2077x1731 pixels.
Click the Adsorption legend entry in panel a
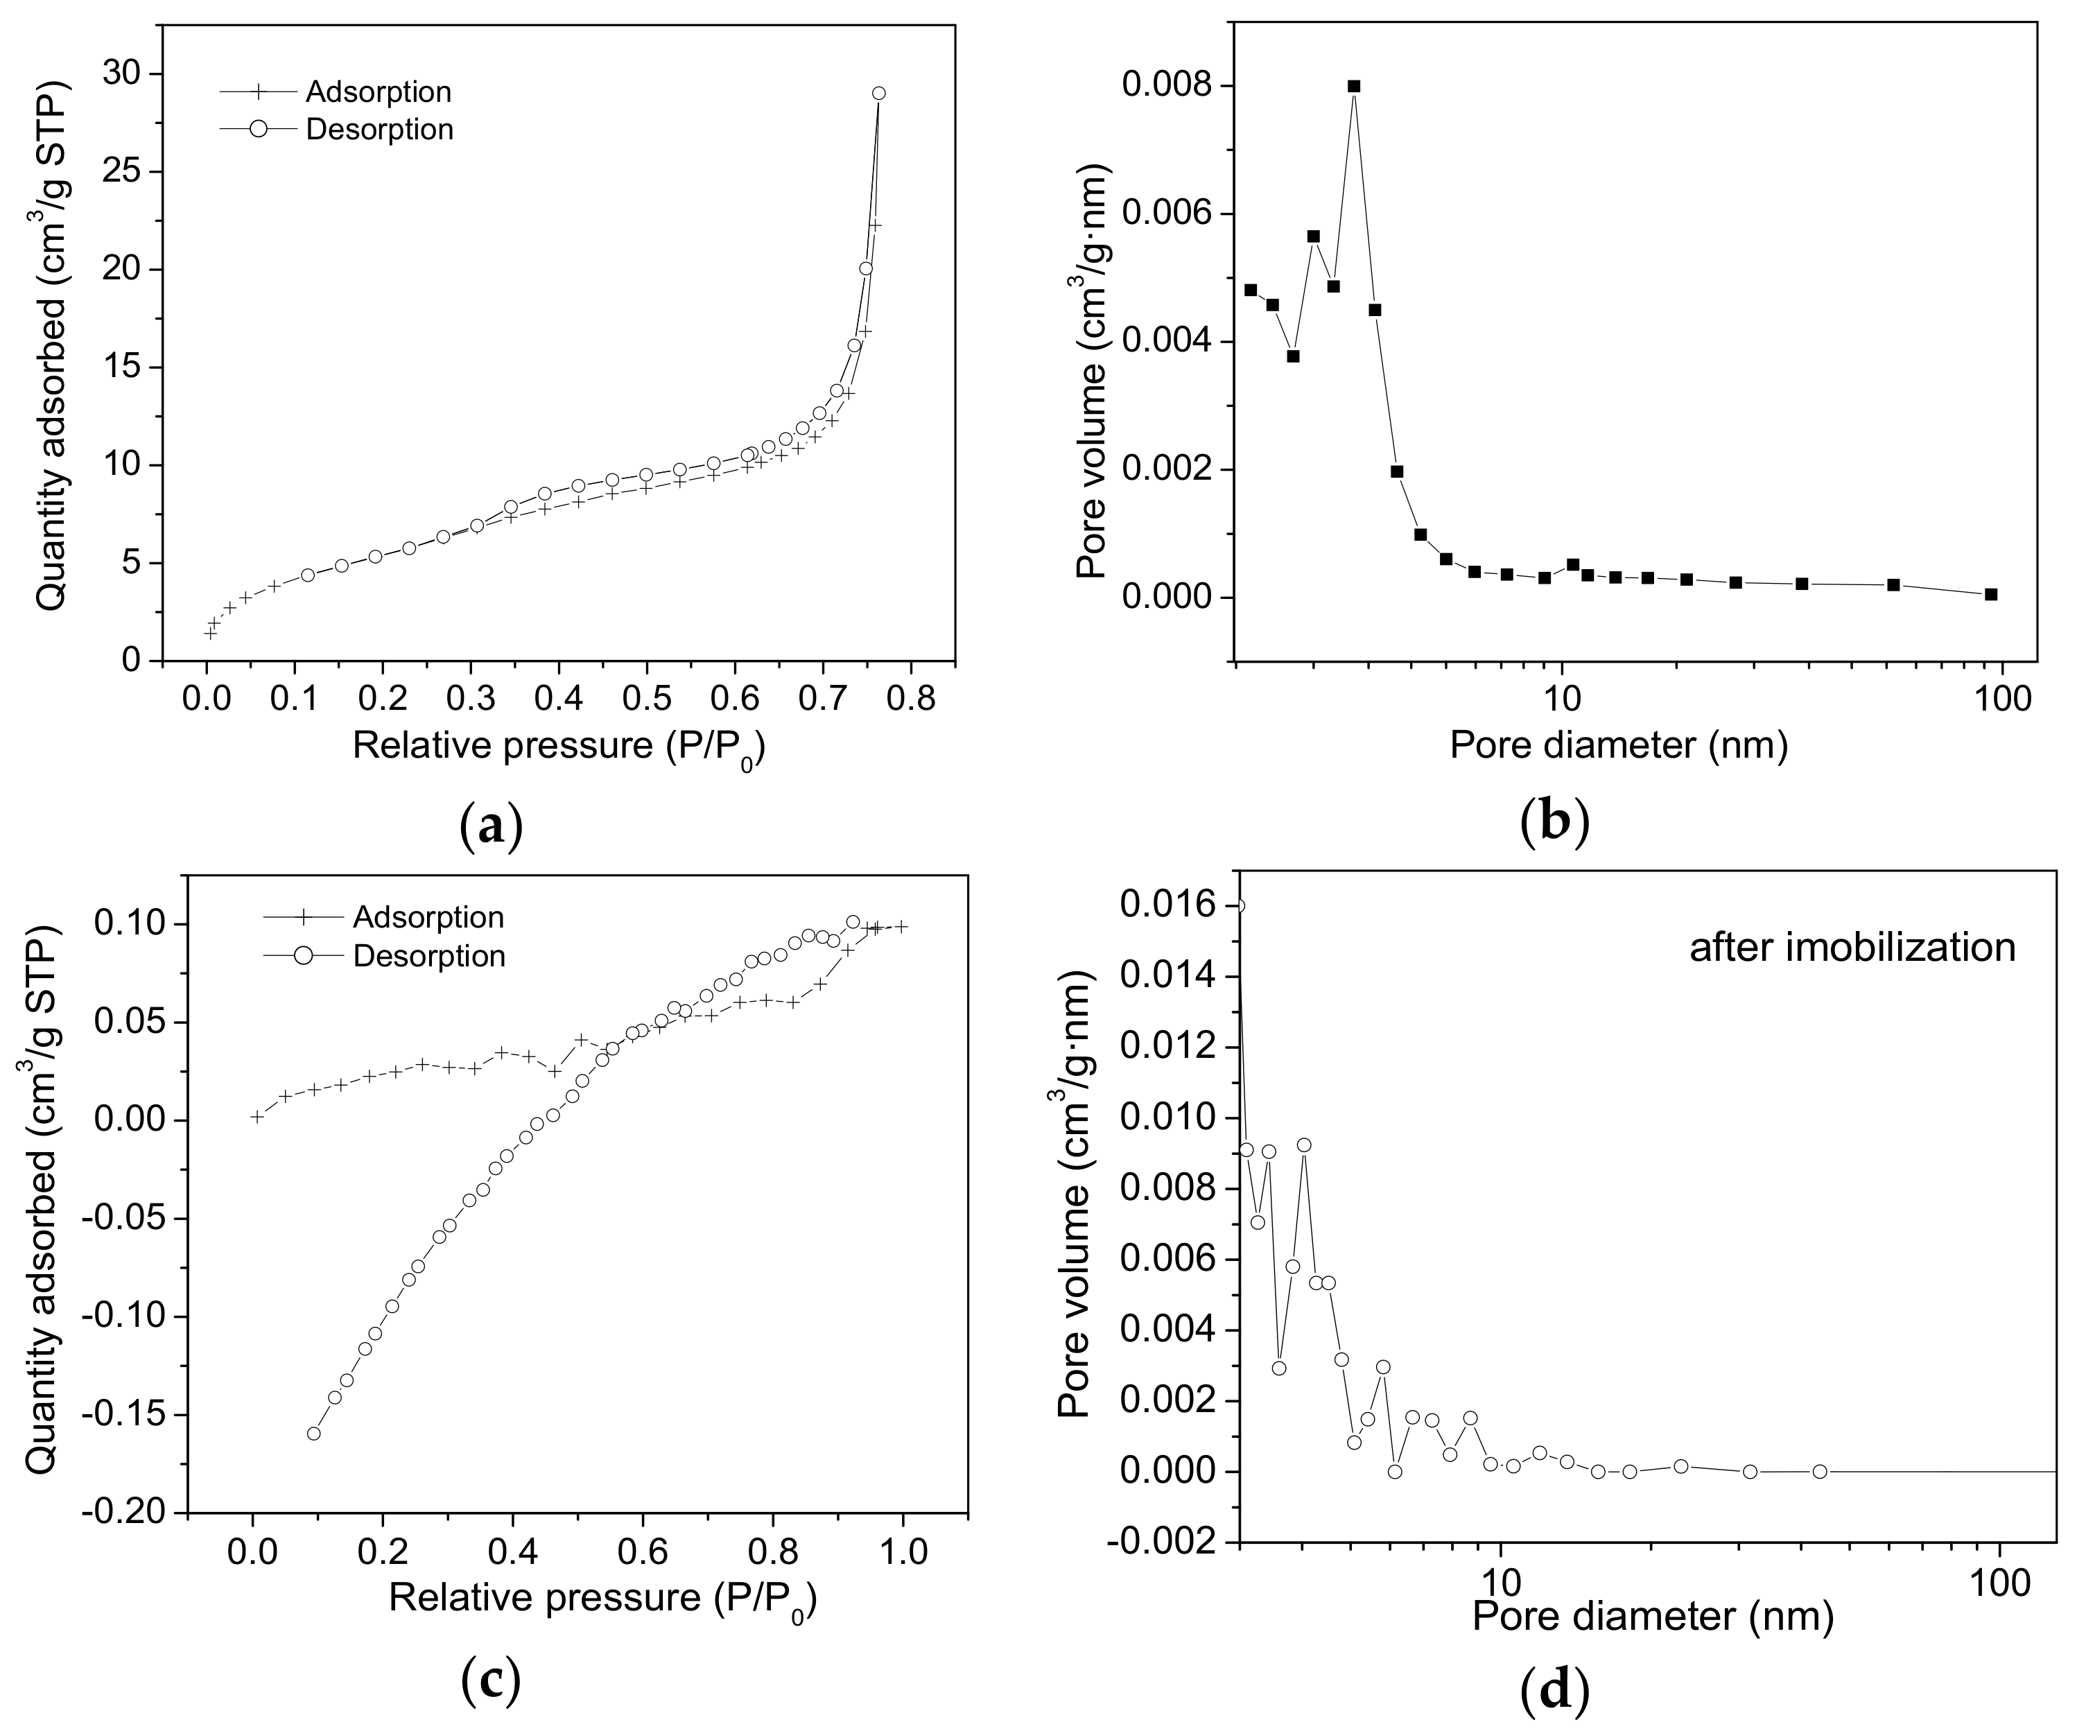click(378, 92)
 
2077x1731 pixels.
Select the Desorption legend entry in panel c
click(428, 957)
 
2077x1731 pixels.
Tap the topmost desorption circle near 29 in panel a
click(878, 93)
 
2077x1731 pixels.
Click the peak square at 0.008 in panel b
click(1354, 86)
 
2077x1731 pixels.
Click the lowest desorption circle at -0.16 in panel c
click(313, 1434)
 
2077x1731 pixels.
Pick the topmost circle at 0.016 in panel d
click(1238, 906)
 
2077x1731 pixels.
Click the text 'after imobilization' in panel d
click(1852, 948)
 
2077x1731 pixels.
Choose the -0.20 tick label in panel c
click(132, 1513)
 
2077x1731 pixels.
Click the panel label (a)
click(492, 825)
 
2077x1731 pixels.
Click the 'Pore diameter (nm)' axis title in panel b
click(1619, 744)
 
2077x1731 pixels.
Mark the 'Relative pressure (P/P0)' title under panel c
click(602, 1599)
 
